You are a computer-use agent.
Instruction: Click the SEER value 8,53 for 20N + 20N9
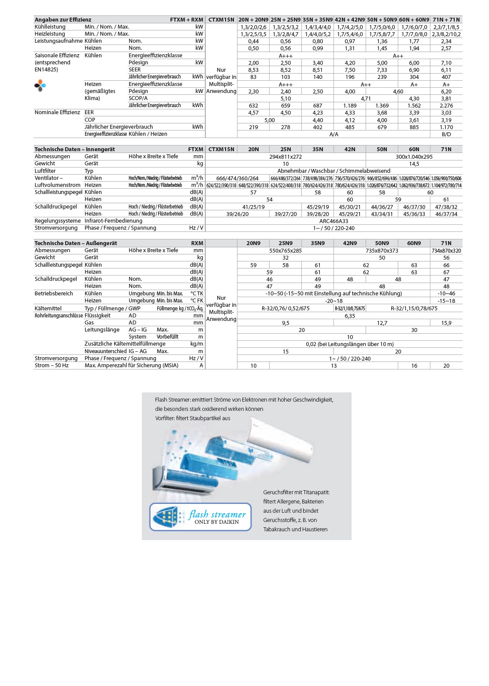tap(253, 70)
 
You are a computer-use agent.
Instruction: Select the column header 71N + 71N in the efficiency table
tap(446, 19)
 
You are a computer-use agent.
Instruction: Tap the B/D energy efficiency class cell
tap(446, 134)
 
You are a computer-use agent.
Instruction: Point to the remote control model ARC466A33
tap(333, 221)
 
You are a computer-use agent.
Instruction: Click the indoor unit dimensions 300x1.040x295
tap(414, 157)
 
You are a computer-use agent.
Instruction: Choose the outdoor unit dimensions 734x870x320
tap(446, 250)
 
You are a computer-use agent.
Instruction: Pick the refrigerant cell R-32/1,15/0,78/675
tap(414, 309)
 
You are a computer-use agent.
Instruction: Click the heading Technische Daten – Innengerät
tap(74, 149)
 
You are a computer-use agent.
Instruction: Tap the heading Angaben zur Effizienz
tap(63, 19)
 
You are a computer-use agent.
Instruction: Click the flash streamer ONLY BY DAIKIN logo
tap(200, 517)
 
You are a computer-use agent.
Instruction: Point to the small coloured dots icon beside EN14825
tap(40, 85)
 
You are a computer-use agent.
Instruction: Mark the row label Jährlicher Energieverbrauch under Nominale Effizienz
tap(119, 127)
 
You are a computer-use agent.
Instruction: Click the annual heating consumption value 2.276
tap(446, 106)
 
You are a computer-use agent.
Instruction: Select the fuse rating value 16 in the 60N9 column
tap(414, 366)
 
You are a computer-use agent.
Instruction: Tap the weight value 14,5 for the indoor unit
tap(414, 164)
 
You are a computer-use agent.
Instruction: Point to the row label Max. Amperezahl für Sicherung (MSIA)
tap(131, 365)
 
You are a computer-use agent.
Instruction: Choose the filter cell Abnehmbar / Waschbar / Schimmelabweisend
tap(333, 171)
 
